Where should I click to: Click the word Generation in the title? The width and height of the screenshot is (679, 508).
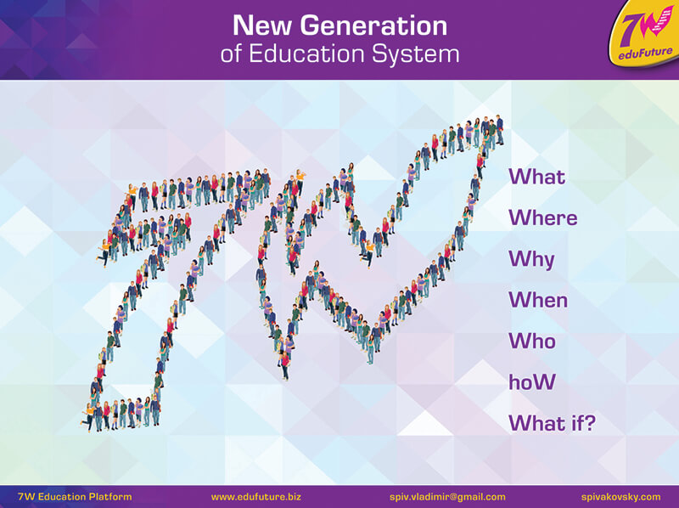373,25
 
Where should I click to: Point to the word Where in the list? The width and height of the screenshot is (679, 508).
543,217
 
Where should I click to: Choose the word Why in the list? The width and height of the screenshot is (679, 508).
531,260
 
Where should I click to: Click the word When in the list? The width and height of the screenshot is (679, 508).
538,300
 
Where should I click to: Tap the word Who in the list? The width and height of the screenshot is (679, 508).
532,341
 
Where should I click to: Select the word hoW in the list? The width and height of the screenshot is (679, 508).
532,382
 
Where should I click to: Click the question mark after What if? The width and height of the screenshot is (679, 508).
590,422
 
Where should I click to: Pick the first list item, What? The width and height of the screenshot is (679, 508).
537,177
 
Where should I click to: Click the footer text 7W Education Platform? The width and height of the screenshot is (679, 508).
75,497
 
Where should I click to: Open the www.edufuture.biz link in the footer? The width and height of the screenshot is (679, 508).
256,497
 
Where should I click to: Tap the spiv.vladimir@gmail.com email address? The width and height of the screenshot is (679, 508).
447,497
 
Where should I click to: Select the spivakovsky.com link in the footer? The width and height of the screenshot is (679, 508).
621,497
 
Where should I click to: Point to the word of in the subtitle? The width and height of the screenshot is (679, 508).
232,54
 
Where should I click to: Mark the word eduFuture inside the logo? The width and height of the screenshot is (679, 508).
645,54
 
